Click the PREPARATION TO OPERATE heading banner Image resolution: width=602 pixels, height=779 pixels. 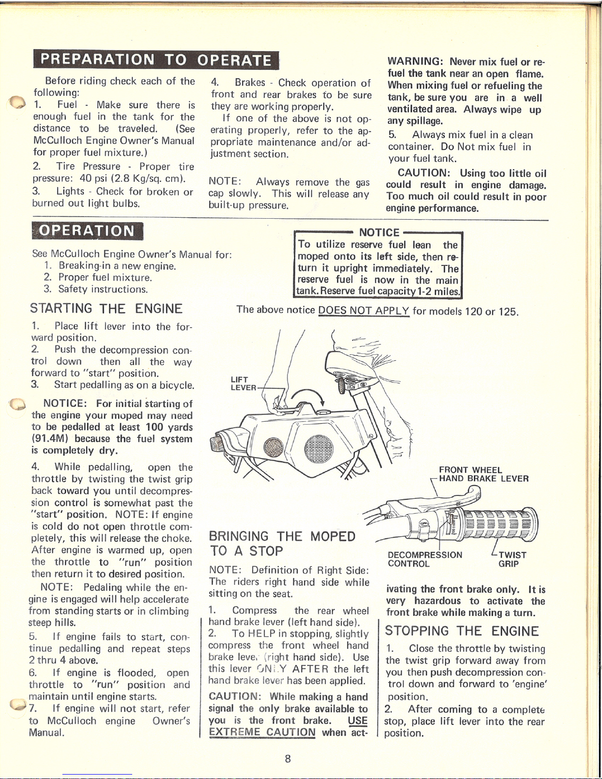(x=156, y=60)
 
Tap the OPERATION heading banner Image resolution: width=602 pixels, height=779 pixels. (x=87, y=231)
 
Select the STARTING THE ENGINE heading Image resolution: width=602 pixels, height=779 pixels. (x=106, y=309)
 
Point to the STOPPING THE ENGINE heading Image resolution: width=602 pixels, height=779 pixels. (x=461, y=631)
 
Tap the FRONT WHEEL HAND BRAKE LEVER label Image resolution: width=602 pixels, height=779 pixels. (x=484, y=474)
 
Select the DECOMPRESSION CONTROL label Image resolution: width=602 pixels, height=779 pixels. (x=425, y=559)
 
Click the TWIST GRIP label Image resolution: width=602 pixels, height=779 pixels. (x=512, y=559)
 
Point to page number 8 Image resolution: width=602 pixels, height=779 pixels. (x=288, y=758)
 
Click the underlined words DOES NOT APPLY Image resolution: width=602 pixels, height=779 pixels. (x=364, y=310)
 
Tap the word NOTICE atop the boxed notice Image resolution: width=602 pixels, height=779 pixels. (x=379, y=232)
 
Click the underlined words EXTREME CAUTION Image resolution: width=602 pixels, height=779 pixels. (x=262, y=732)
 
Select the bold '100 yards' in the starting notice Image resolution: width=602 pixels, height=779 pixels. (x=169, y=428)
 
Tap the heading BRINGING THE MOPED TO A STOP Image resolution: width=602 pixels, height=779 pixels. (x=282, y=543)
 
